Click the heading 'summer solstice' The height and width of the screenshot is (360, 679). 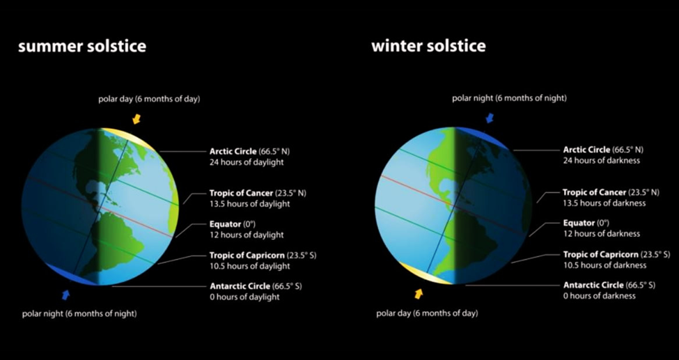[x=82, y=47]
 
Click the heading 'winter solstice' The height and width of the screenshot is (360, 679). [x=428, y=47]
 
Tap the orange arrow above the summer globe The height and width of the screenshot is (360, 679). [x=136, y=118]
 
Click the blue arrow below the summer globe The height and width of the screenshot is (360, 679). [x=66, y=295]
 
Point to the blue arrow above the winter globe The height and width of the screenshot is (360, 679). [x=490, y=118]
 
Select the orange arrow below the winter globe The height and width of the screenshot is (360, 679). [x=419, y=294]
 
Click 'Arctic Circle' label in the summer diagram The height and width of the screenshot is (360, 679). [x=233, y=152]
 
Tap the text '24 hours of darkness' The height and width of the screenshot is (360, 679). [x=602, y=161]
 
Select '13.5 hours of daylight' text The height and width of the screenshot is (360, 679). [x=250, y=203]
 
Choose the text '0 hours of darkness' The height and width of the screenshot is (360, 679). [x=600, y=296]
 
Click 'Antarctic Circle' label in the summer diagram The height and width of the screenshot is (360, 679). [x=240, y=286]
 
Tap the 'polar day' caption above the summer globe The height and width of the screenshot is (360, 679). [x=149, y=99]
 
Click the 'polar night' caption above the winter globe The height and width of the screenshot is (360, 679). [x=509, y=98]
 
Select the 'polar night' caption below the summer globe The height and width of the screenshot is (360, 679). [x=79, y=313]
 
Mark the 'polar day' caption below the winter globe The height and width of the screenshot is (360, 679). [x=427, y=313]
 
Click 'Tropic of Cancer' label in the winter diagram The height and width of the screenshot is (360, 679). [x=594, y=192]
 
